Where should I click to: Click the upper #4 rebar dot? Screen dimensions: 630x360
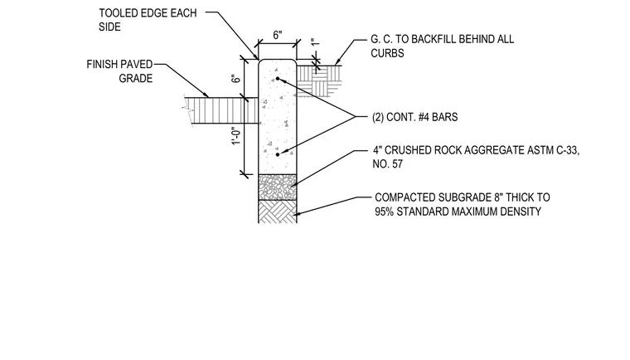[277, 79]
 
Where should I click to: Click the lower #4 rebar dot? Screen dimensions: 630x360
[278, 154]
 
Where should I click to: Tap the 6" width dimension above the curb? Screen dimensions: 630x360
[278, 35]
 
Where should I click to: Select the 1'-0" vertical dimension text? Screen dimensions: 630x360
[236, 136]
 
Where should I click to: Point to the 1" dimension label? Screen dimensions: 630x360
[315, 41]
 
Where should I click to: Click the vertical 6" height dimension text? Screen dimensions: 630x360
[236, 77]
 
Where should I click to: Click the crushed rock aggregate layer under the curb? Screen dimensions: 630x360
[277, 187]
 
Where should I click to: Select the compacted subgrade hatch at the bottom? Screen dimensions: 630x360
[277, 212]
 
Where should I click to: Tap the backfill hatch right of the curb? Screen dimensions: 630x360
[318, 80]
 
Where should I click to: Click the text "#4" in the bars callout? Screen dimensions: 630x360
[424, 117]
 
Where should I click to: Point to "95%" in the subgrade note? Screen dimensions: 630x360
[384, 212]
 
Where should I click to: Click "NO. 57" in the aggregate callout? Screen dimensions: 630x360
[388, 164]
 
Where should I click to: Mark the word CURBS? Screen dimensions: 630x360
[387, 53]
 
